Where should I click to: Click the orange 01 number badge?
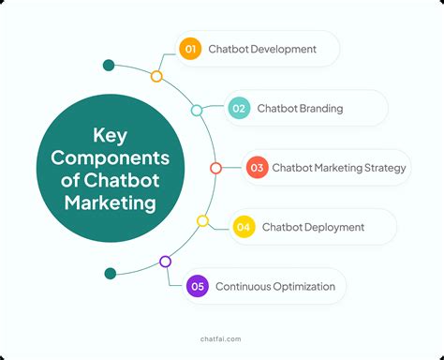191,48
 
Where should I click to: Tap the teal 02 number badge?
238,108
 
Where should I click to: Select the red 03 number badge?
258,168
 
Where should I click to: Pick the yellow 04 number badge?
244,227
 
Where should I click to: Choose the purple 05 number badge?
197,286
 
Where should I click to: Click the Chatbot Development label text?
264,48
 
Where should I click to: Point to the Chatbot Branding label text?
300,108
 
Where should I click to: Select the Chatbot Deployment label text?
313,227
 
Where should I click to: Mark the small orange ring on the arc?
156,76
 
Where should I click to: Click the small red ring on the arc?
215,168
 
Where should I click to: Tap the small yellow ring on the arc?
202,220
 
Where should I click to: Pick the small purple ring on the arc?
165,262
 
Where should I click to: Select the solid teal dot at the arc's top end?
109,66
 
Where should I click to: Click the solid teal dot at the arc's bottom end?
111,274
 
